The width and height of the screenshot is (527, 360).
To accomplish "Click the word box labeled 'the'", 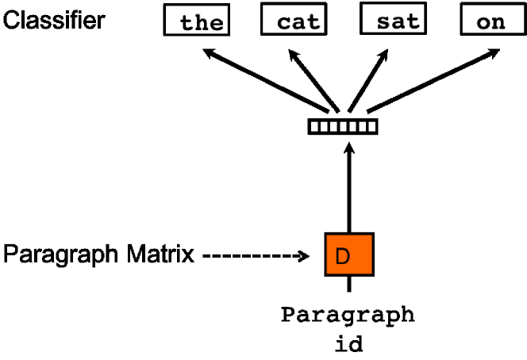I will coord(196,20).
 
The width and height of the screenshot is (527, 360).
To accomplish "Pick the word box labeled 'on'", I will coord(490,20).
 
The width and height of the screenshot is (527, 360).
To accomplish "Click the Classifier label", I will coord(54,20).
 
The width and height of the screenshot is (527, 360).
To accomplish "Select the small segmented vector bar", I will coord(343,126).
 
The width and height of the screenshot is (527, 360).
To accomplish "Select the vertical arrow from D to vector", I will coord(348,190).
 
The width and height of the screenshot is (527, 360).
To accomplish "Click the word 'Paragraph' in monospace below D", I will coord(348,315).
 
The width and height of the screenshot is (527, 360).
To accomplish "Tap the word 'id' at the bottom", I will coord(348,347).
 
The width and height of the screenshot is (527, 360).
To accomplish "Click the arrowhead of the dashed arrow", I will coord(302,256).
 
